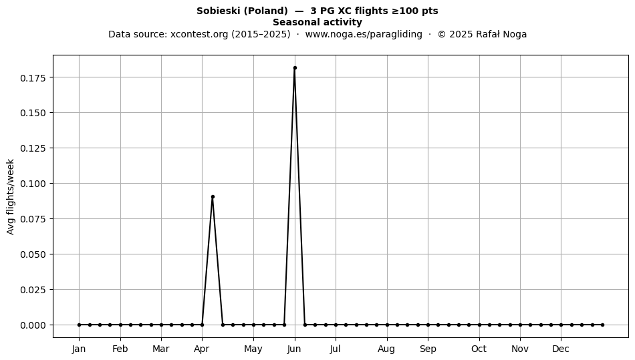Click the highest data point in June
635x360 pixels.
coord(295,68)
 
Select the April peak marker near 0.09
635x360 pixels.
coord(213,197)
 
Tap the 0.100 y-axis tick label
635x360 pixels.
coord(33,184)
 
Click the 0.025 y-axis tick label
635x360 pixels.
coord(33,290)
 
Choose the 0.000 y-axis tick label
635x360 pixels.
coord(33,325)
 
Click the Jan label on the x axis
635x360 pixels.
coord(79,349)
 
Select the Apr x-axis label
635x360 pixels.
coord(202,349)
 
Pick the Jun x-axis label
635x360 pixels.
coord(294,349)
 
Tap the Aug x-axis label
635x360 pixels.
coord(386,349)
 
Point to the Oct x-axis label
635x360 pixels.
coord(479,349)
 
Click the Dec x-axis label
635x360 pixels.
coord(561,349)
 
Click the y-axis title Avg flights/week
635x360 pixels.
coord(11,196)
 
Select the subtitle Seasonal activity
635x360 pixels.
coord(317,22)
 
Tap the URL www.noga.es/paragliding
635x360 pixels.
coord(364,34)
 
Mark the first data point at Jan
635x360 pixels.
coord(80,325)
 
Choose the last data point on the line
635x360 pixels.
coord(603,325)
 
